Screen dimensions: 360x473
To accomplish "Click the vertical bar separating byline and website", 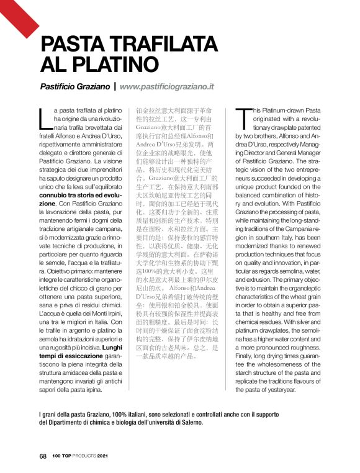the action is click(x=115, y=88).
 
